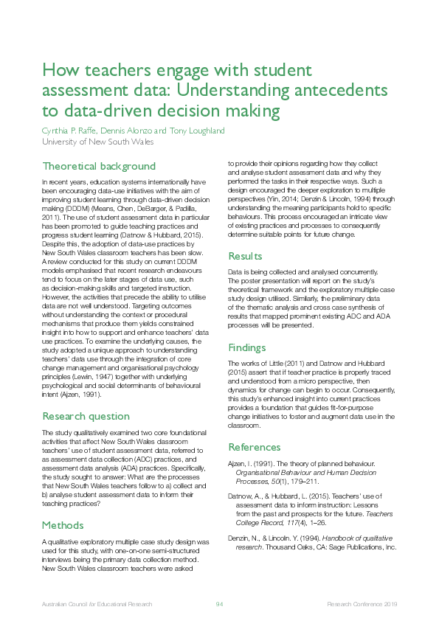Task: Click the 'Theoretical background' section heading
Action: pyautogui.click(x=99, y=166)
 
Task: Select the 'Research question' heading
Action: pyautogui.click(x=86, y=416)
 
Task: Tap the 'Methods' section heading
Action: pyautogui.click(x=63, y=525)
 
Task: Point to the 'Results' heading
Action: pyautogui.click(x=245, y=256)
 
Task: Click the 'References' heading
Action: pyautogui.click(x=255, y=447)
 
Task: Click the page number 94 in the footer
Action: pyautogui.click(x=219, y=604)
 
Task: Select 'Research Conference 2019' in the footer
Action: pyautogui.click(x=362, y=604)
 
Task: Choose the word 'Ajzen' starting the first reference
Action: pyautogui.click(x=238, y=463)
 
